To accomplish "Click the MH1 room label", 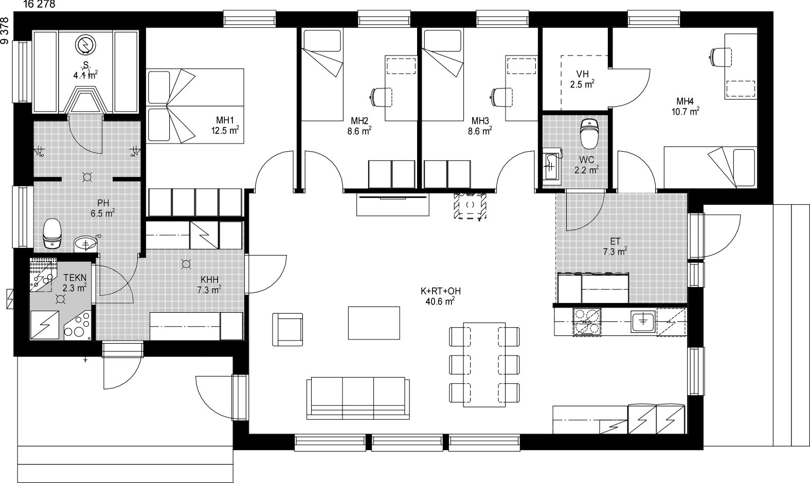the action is click(225, 120).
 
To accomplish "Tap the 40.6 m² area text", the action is click(440, 301).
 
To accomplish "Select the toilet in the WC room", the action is click(590, 134).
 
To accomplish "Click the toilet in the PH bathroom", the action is click(52, 234).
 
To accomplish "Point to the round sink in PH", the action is click(86, 244).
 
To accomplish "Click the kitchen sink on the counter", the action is click(642, 321).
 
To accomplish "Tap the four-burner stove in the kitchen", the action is click(587, 321).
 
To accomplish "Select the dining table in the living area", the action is click(484, 365).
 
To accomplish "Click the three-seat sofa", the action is click(358, 398).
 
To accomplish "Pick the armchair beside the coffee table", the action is click(287, 329).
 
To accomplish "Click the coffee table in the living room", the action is click(374, 323).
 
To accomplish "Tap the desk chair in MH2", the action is click(380, 97).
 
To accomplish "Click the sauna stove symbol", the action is click(86, 45).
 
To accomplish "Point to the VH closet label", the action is click(582, 74).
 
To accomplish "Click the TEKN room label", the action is click(75, 278).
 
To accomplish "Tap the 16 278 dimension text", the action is click(39, 4).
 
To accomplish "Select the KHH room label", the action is click(210, 280).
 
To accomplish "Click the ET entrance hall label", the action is click(615, 241).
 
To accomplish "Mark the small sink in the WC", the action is click(551, 167).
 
